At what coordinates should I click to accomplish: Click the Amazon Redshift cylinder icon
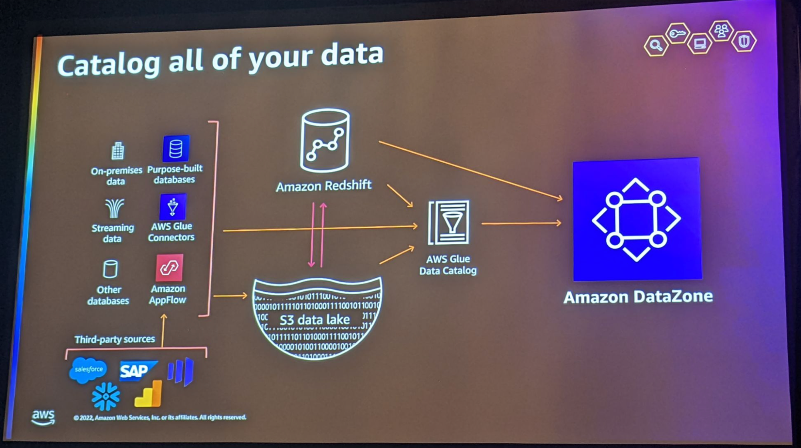point(325,140)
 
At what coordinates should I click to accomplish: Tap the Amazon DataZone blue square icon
point(637,219)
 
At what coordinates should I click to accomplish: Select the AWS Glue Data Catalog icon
point(449,223)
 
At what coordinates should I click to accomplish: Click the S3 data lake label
point(315,319)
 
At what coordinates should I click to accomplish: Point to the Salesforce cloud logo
point(88,370)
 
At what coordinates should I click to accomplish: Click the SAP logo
point(136,370)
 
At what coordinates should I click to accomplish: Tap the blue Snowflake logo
point(105,396)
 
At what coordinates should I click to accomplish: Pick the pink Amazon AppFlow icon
point(169,267)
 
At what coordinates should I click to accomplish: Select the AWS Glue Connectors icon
point(173,207)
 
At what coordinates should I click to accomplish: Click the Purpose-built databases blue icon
point(176,149)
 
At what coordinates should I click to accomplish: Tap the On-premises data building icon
point(117,151)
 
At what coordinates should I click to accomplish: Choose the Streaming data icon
point(114,209)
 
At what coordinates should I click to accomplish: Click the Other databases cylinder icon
point(110,269)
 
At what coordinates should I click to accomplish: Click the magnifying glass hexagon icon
point(656,45)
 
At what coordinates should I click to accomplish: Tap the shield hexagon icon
point(744,41)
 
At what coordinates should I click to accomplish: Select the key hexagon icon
point(677,34)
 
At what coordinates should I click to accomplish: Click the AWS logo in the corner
point(43,417)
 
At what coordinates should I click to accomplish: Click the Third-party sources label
point(115,339)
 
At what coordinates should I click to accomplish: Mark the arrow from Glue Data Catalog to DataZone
point(521,223)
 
